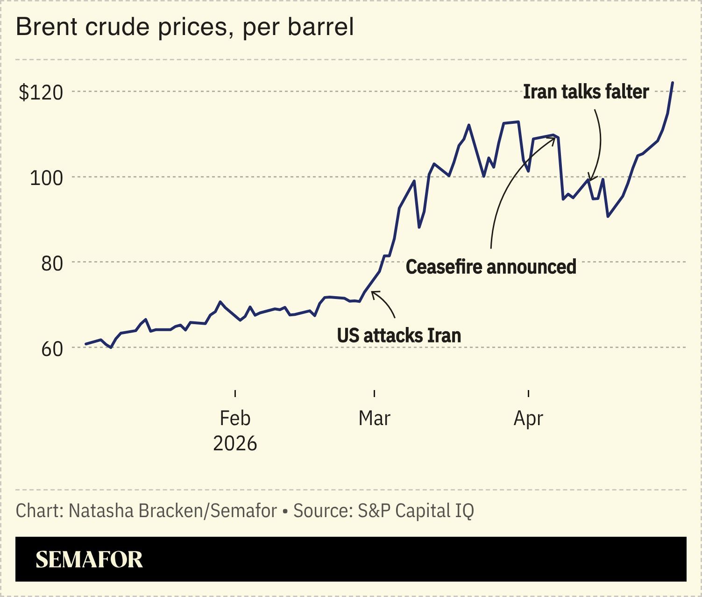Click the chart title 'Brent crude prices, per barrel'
[x=185, y=27]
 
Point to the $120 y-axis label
[x=41, y=92]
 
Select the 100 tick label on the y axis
[x=46, y=178]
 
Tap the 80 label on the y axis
[x=52, y=263]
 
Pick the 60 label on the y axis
[x=52, y=349]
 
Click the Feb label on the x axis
[x=235, y=418]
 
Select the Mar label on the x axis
[x=374, y=418]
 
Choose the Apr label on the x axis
[x=528, y=418]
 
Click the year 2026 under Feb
[x=235, y=443]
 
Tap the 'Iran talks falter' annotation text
[x=586, y=92]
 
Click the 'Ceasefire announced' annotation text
[x=491, y=267]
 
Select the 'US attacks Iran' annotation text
[x=399, y=335]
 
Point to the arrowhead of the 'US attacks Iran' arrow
[x=372, y=292]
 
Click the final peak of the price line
[x=673, y=83]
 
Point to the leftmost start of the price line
[x=85, y=344]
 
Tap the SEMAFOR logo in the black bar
[x=89, y=559]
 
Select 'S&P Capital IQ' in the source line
[x=416, y=511]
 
